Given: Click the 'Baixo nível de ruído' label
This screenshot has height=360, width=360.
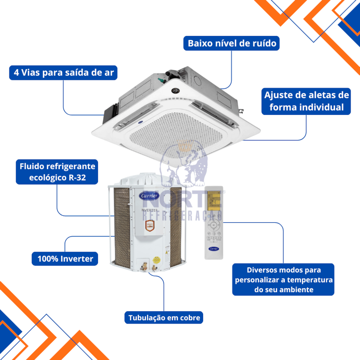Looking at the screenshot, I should pos(232,43).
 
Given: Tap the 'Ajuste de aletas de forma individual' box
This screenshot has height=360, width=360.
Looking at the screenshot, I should pos(306,101).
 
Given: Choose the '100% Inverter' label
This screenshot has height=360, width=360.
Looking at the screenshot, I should pos(65,258).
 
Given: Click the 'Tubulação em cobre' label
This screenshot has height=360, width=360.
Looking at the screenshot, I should pos(164,318).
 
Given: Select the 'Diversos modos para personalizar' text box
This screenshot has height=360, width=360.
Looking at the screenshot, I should pos(283,279).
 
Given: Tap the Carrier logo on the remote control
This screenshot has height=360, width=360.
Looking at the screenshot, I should pos(214,249).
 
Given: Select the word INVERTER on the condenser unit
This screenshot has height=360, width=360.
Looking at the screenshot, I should pos(149,210).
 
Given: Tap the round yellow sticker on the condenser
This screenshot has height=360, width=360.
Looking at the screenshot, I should pos(156,258).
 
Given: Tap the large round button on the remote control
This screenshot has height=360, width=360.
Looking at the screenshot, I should pos(214,225).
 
